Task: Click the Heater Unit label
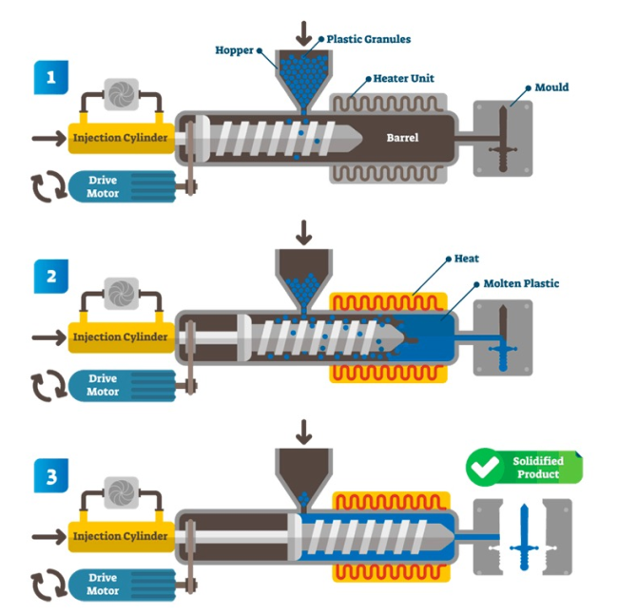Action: [x=405, y=79]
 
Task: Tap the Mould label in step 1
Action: [x=551, y=87]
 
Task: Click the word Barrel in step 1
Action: [x=402, y=138]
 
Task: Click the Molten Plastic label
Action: [x=521, y=283]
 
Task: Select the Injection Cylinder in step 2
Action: [x=121, y=337]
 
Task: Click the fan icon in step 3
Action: [x=121, y=491]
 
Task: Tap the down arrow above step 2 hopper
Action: [x=304, y=232]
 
